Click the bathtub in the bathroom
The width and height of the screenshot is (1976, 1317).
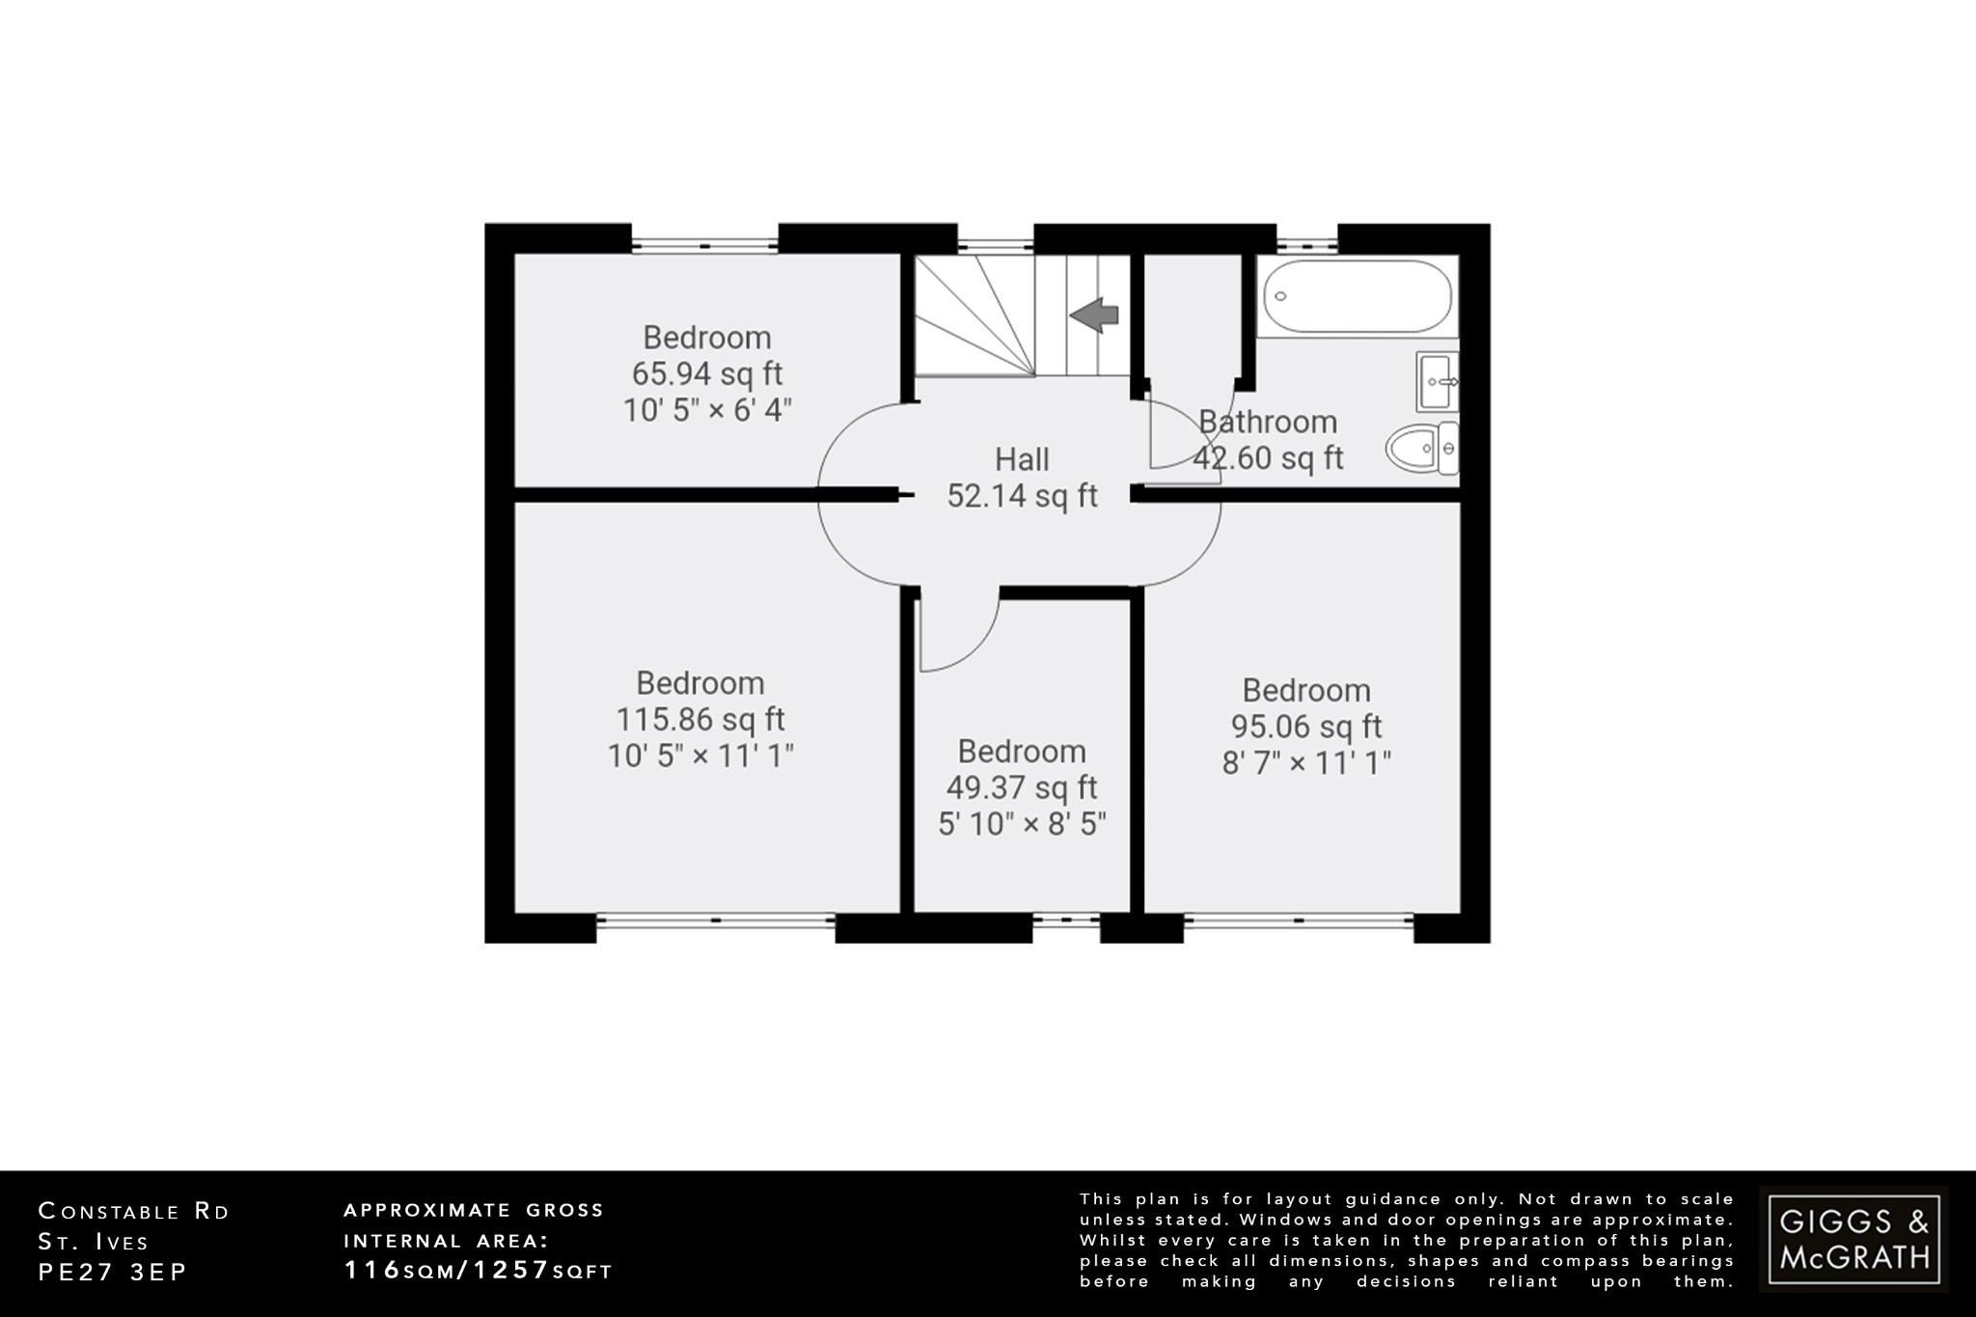tap(1358, 295)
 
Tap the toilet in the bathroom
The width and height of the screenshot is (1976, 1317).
tap(1422, 449)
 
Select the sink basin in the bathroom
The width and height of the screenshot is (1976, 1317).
tap(1438, 381)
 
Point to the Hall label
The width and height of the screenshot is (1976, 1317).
tap(1022, 459)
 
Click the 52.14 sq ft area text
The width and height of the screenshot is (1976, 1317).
tap(1022, 496)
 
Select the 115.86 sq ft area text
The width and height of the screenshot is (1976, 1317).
tap(700, 720)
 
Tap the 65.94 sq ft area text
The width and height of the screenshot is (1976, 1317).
tap(707, 373)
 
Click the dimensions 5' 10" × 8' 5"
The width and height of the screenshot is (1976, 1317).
tap(1022, 824)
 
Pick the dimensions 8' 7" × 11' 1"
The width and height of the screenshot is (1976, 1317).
tap(1306, 763)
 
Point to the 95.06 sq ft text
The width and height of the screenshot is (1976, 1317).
tap(1306, 727)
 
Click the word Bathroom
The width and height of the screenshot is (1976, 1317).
tap(1268, 422)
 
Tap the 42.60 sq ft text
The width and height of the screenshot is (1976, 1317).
tap(1268, 458)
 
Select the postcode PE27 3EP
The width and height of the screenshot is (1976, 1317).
tap(112, 1272)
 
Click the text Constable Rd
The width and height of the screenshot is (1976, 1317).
tap(134, 1212)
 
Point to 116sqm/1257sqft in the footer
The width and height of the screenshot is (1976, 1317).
tap(479, 1271)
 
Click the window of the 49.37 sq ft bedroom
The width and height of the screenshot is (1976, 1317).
tap(1066, 921)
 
